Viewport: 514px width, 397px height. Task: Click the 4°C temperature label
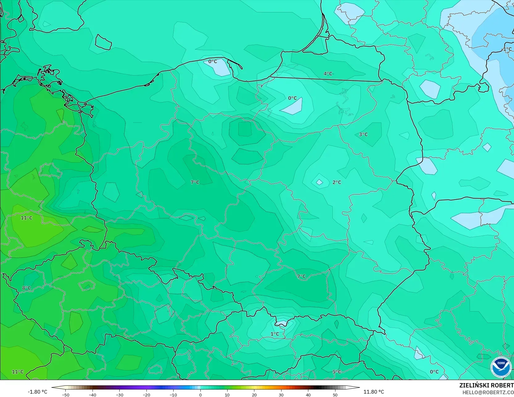click(x=328, y=74)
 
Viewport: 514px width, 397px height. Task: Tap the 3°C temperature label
click(x=363, y=134)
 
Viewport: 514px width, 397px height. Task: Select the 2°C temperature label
click(x=337, y=182)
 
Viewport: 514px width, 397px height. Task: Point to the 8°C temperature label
click(x=27, y=288)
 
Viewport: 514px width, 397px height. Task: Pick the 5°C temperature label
click(x=337, y=372)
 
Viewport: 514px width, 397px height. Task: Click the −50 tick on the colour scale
click(x=65, y=395)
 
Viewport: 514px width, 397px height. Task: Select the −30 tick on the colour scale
click(x=119, y=395)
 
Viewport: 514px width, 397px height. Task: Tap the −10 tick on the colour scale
click(x=173, y=395)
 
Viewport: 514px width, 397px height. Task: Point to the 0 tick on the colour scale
click(x=200, y=395)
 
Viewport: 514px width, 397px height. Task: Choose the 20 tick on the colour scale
click(x=254, y=395)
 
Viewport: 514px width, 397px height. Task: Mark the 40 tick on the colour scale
click(x=308, y=395)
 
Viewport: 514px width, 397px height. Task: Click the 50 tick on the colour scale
click(x=335, y=395)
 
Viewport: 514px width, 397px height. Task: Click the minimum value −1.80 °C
click(x=37, y=392)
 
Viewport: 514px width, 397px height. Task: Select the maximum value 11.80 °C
click(x=374, y=392)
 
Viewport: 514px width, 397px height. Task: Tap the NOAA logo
click(x=501, y=367)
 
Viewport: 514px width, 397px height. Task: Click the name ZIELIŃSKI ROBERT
click(x=486, y=385)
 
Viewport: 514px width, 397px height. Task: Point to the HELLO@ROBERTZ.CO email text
click(x=488, y=392)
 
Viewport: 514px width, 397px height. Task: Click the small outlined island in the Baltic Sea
click(x=103, y=42)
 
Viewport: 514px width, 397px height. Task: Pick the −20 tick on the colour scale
click(x=146, y=395)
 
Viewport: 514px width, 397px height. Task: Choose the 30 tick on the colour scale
click(x=281, y=395)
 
